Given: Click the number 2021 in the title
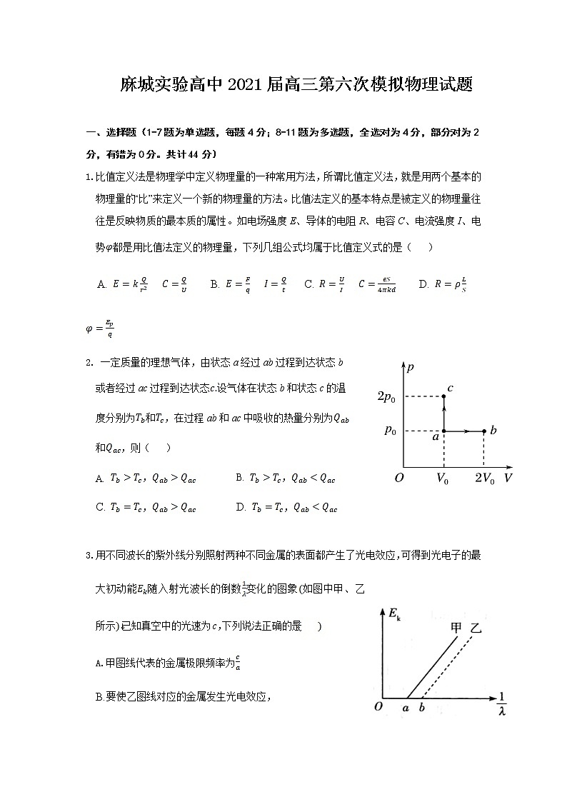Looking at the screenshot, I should (247, 86).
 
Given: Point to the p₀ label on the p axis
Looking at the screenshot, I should (391, 430).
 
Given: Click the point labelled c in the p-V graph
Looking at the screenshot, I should (444, 396).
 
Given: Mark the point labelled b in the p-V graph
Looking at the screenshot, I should (484, 431).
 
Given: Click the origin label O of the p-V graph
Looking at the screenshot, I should (399, 478).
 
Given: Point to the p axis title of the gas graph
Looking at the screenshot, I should (410, 369).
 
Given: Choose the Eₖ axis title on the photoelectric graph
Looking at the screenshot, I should (393, 612).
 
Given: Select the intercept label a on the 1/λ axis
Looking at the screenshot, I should (406, 708).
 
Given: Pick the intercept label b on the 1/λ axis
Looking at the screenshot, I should (422, 708).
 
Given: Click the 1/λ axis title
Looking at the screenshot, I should (502, 702).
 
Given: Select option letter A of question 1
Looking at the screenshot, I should (101, 285).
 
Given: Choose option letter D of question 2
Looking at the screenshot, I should (240, 508).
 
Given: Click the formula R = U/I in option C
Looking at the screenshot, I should (332, 284).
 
